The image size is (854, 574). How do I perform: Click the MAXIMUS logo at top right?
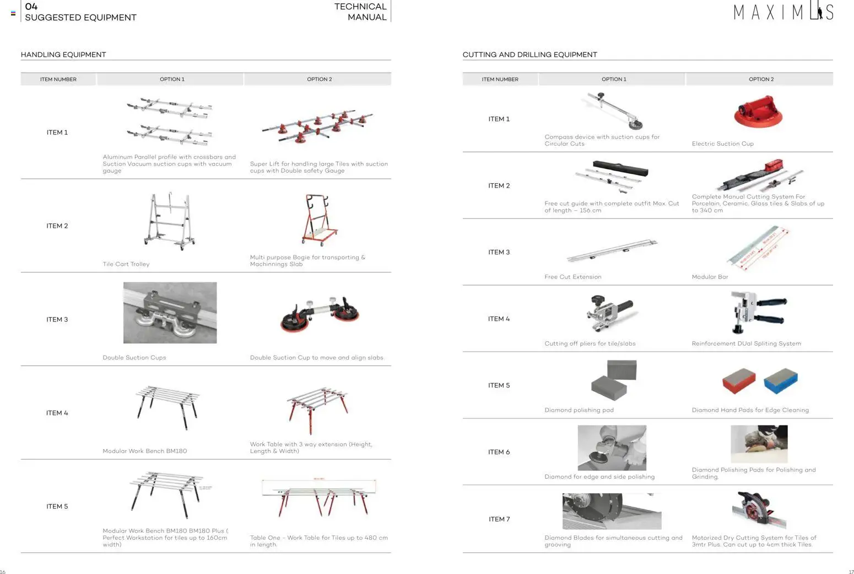tap(782, 12)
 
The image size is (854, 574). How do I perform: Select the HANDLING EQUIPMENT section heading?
tap(63, 54)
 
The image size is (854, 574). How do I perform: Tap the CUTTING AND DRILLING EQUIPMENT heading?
tap(529, 54)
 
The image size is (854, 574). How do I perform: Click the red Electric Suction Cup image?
tap(758, 111)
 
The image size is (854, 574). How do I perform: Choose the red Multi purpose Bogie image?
tap(320, 220)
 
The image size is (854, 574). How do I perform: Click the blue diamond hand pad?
tap(781, 381)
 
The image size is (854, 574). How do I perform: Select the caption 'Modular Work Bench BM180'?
tap(144, 451)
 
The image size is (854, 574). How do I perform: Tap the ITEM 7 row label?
tap(499, 519)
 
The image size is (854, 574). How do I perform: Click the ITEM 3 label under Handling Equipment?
tap(57, 319)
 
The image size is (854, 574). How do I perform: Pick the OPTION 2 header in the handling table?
tap(319, 79)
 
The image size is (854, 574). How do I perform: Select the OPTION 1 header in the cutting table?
tap(614, 79)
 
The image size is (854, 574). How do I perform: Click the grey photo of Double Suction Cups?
tap(170, 313)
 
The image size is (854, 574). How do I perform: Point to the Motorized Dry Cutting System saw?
tap(759, 510)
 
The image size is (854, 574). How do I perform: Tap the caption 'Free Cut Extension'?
tap(572, 277)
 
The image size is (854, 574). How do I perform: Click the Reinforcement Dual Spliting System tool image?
tap(758, 311)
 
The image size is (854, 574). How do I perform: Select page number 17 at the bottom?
tap(851, 572)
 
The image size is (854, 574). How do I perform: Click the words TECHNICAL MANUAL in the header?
tap(360, 12)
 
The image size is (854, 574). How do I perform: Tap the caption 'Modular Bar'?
tap(710, 277)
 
